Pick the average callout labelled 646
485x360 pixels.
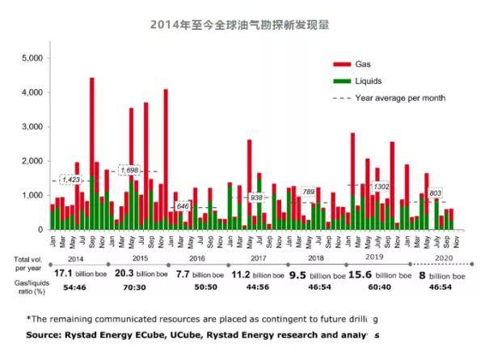(183, 207)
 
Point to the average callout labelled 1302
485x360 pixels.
(382, 187)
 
